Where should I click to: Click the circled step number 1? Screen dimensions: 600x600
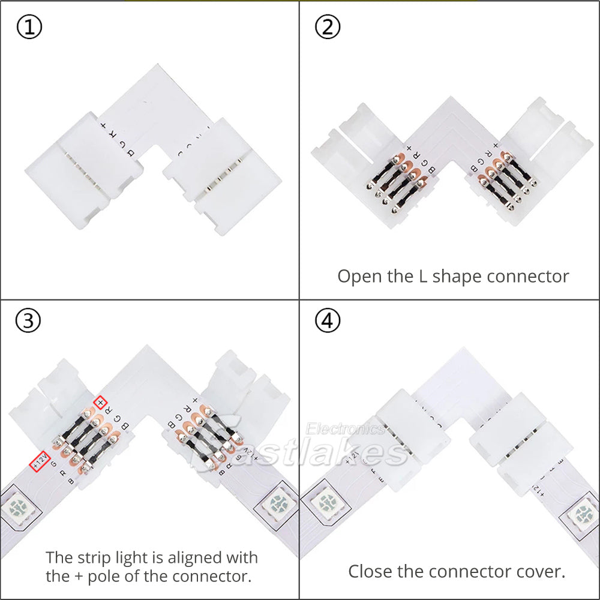[28, 28]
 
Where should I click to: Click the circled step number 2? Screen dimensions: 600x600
[328, 28]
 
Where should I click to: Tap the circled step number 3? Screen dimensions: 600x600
[28, 321]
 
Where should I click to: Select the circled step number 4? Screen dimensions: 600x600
[328, 321]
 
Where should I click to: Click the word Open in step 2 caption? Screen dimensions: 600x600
[359, 277]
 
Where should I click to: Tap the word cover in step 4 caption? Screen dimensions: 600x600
[543, 571]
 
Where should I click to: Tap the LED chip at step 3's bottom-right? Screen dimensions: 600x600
[277, 502]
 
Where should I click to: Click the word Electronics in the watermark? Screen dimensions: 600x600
[345, 428]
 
